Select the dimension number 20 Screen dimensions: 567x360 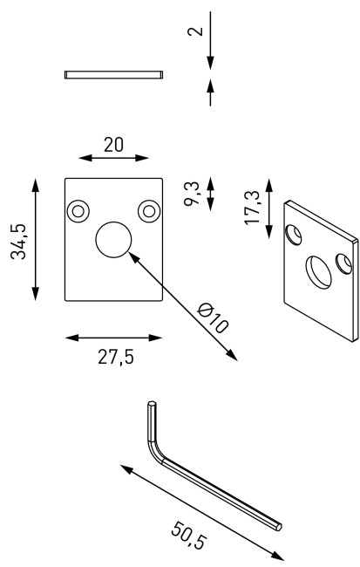click(x=113, y=145)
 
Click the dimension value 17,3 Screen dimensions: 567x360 click(x=253, y=208)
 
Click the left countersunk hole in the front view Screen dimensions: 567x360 click(x=79, y=211)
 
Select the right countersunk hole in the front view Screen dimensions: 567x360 click(x=148, y=211)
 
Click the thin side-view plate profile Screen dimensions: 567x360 click(x=114, y=75)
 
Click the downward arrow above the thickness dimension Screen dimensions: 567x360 click(x=210, y=61)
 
